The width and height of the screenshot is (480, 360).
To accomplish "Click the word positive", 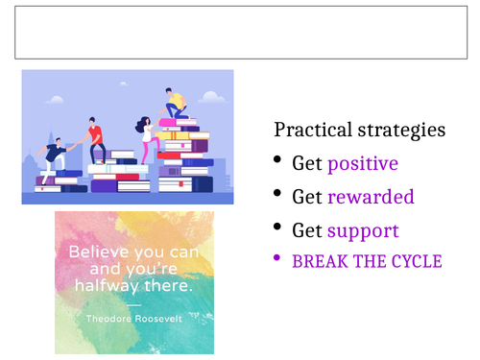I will tap(362, 163).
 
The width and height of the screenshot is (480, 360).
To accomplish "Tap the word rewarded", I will tap(371, 197).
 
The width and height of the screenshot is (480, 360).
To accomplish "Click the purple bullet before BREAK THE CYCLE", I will tap(278, 259).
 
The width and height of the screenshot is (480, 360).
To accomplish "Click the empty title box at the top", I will tap(240, 35).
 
